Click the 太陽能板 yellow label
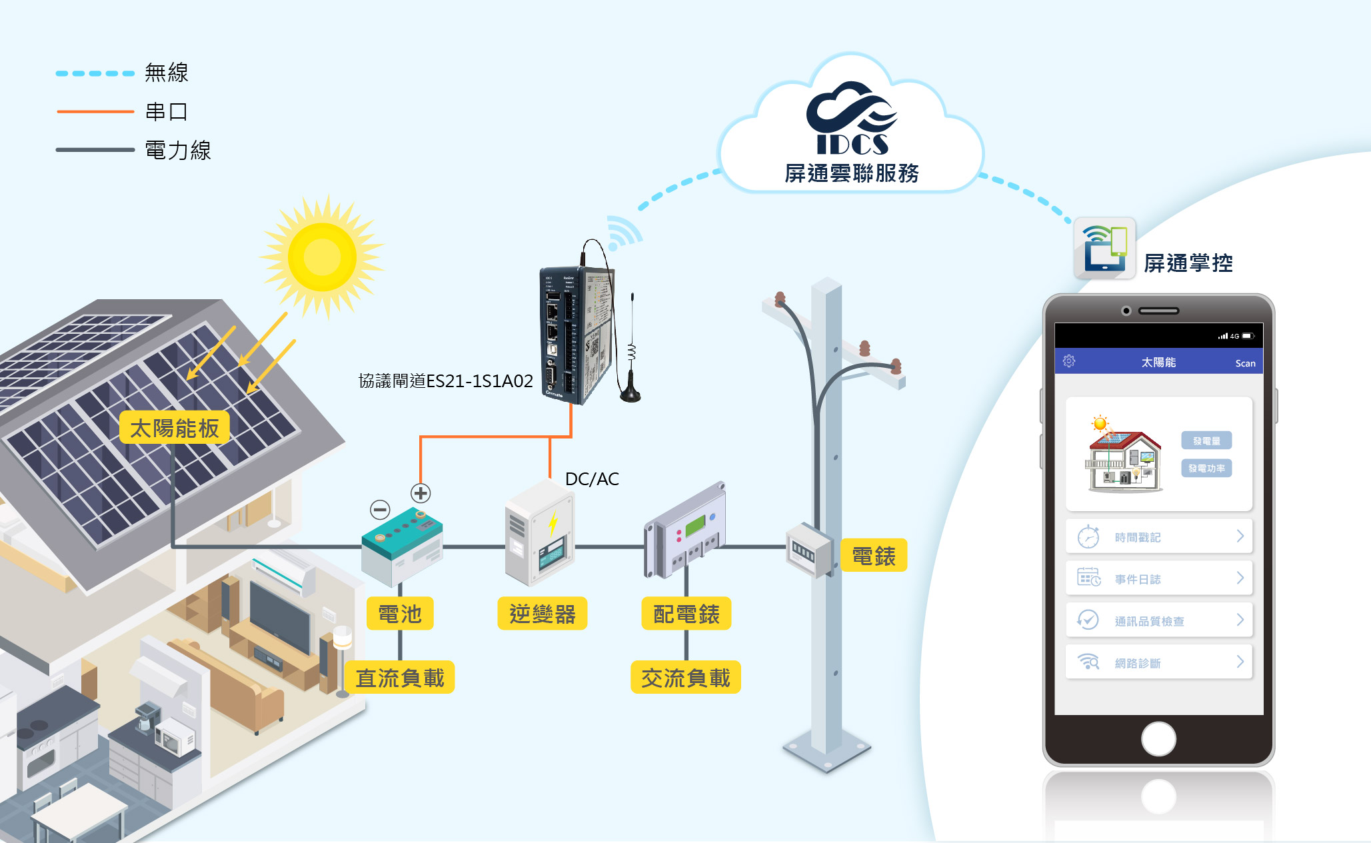(x=175, y=428)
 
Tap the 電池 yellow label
(x=400, y=613)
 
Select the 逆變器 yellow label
(x=542, y=613)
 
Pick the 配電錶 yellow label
(x=686, y=613)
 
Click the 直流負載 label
(x=400, y=678)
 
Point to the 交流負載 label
(x=685, y=678)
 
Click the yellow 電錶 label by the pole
(x=873, y=556)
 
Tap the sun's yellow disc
(x=323, y=257)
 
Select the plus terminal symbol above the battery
(x=421, y=493)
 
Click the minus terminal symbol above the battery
(x=380, y=510)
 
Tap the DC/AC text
(x=592, y=479)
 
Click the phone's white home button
(x=1158, y=738)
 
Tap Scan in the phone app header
(x=1245, y=363)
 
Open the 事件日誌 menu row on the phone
(x=1158, y=578)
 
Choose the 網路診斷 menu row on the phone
(x=1158, y=662)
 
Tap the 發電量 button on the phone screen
(x=1206, y=440)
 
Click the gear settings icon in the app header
(x=1069, y=361)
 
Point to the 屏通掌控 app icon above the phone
(x=1104, y=249)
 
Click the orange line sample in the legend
(x=95, y=111)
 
